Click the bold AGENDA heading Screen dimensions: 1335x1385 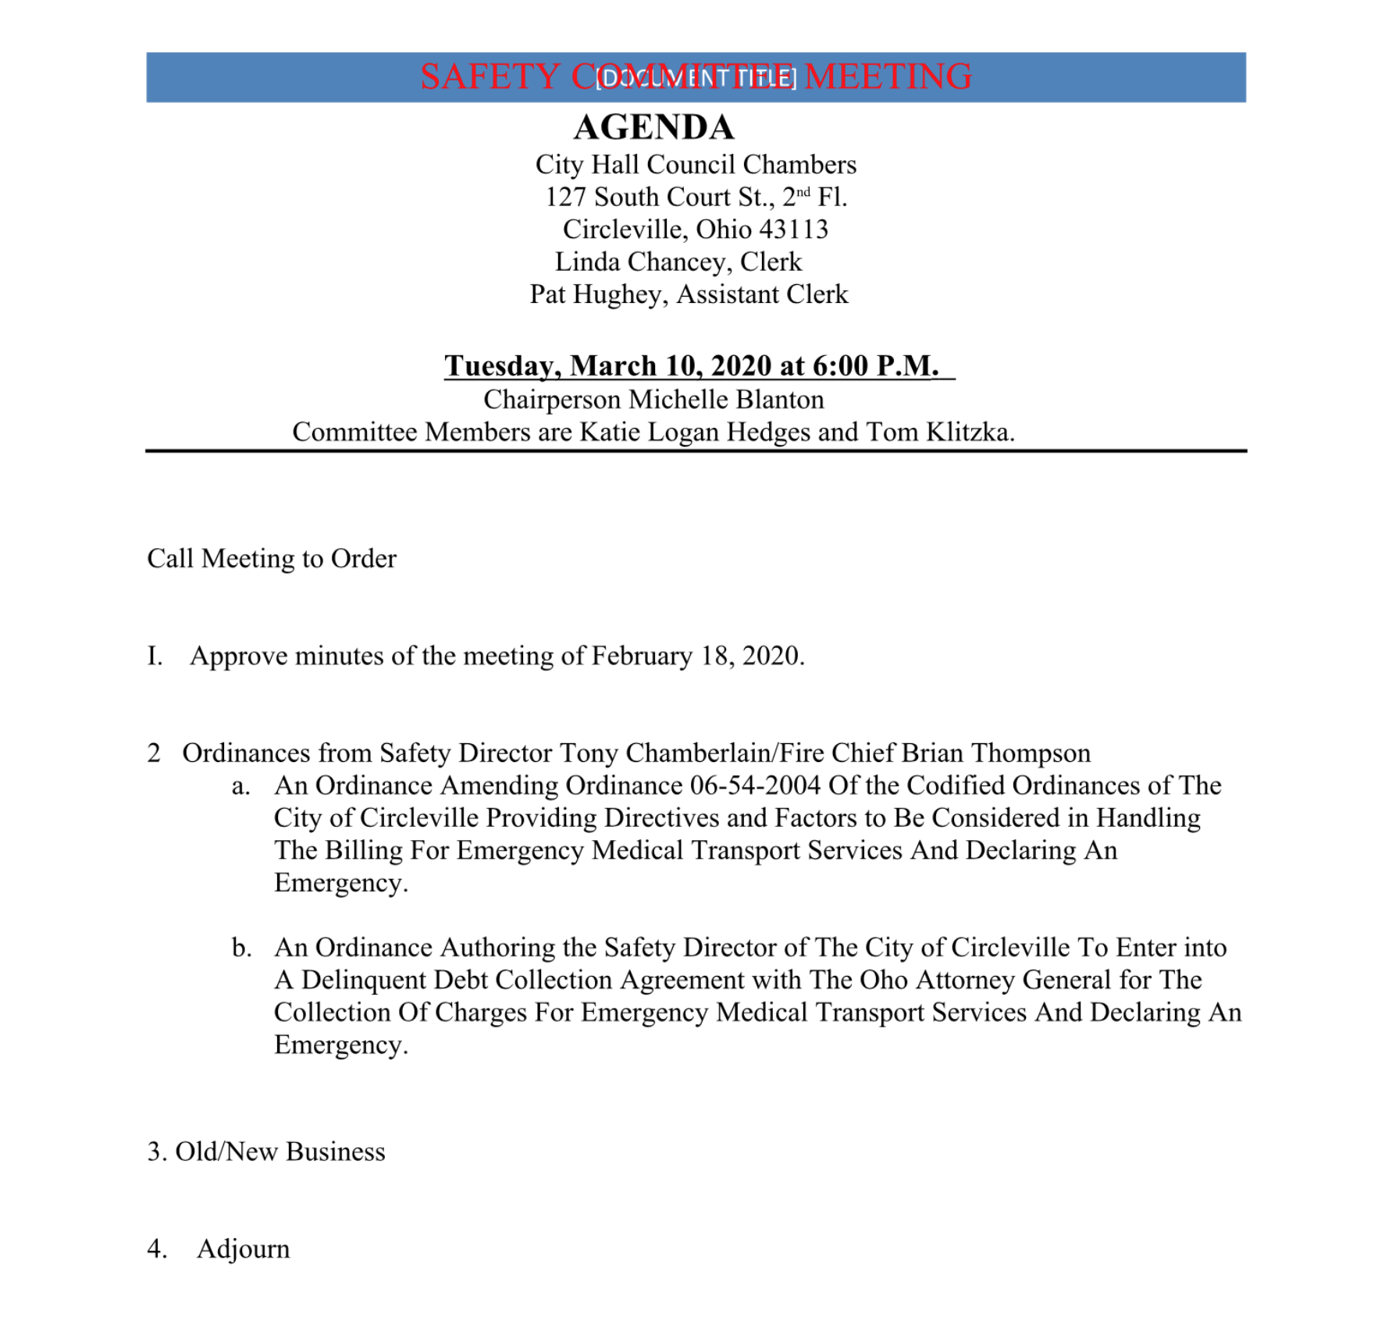(x=653, y=127)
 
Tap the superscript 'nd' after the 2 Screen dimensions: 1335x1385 (x=803, y=192)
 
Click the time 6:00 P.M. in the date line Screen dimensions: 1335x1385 (x=874, y=365)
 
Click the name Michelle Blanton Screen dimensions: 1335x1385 (x=726, y=400)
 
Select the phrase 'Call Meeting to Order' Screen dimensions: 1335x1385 (x=272, y=559)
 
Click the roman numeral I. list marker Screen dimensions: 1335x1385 (x=155, y=656)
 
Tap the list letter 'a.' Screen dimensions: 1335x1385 (x=240, y=785)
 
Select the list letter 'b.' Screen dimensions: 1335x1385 (x=241, y=948)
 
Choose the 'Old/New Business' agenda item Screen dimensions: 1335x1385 (x=279, y=1152)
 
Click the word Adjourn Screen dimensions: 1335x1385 (x=243, y=1249)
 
